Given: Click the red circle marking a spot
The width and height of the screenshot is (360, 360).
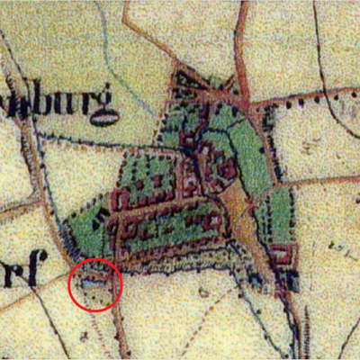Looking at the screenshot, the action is [x=95, y=284].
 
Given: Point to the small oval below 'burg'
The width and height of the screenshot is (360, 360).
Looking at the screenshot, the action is [x=105, y=117].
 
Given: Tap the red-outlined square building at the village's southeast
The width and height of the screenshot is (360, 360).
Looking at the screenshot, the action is [x=283, y=255].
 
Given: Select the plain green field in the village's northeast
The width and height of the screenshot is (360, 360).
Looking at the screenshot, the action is [x=248, y=153].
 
